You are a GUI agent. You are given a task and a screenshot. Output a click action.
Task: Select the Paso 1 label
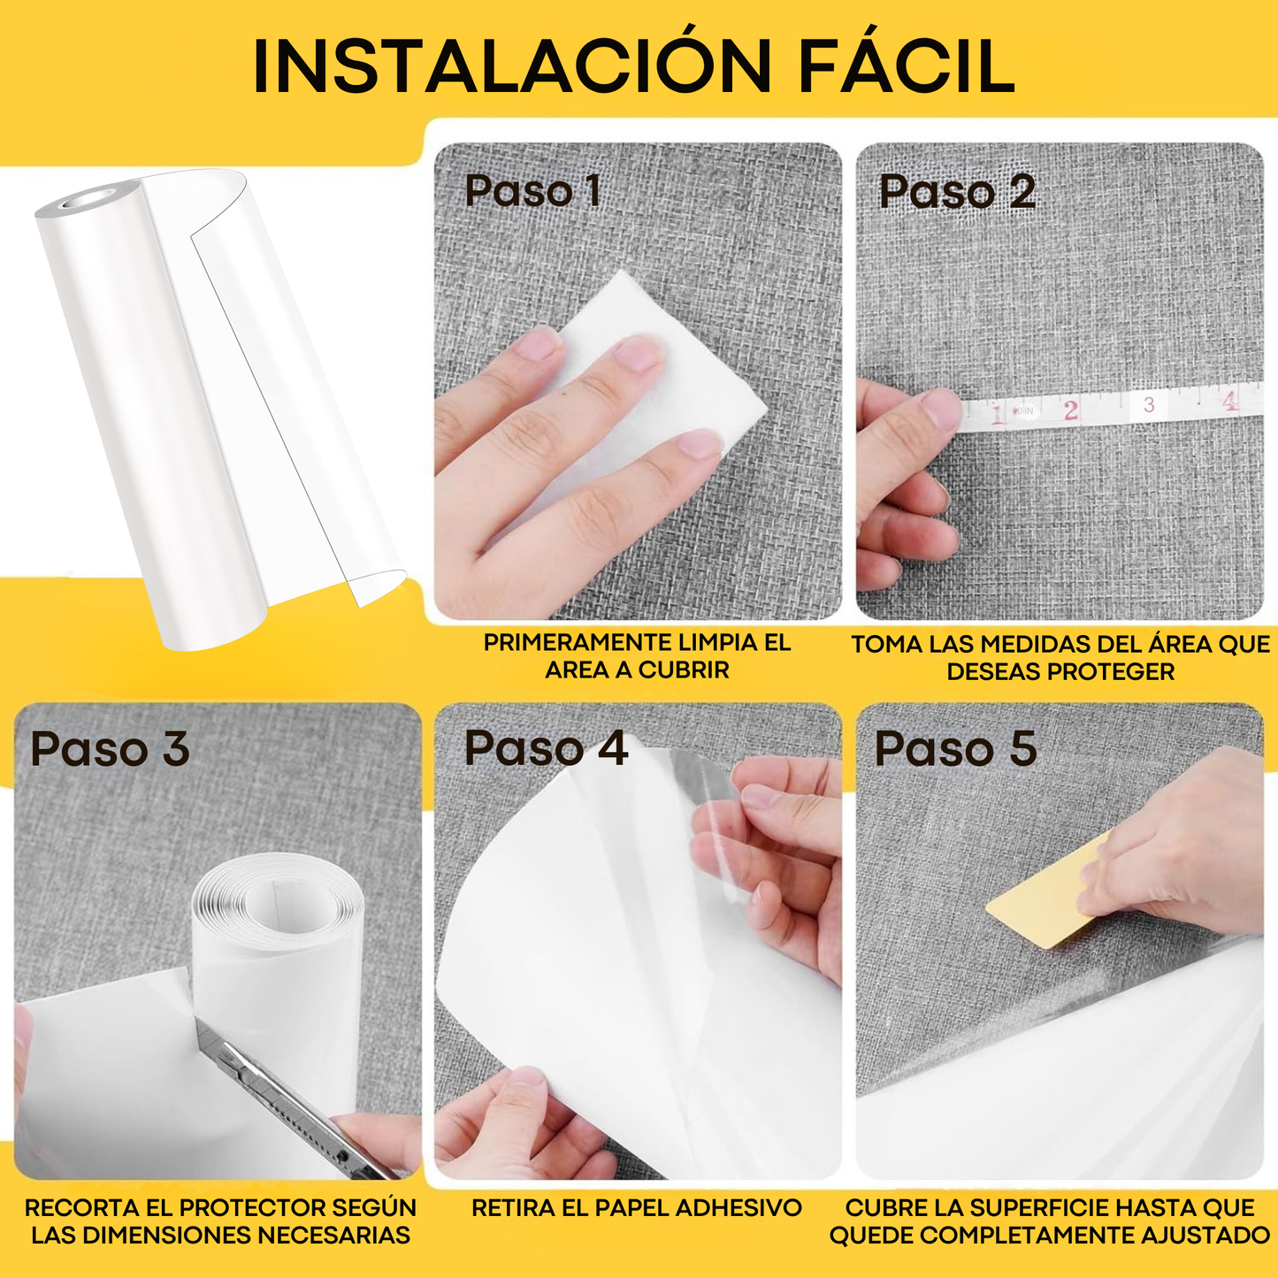click(x=533, y=191)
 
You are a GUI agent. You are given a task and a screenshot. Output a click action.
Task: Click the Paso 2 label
click(x=957, y=192)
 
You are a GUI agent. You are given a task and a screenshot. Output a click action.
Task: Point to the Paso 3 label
click(x=110, y=749)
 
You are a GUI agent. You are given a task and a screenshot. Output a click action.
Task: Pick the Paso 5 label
click(x=955, y=749)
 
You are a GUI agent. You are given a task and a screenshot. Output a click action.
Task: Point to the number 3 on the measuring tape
click(x=1149, y=405)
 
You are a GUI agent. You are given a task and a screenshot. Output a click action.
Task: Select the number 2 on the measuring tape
click(x=1071, y=410)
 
